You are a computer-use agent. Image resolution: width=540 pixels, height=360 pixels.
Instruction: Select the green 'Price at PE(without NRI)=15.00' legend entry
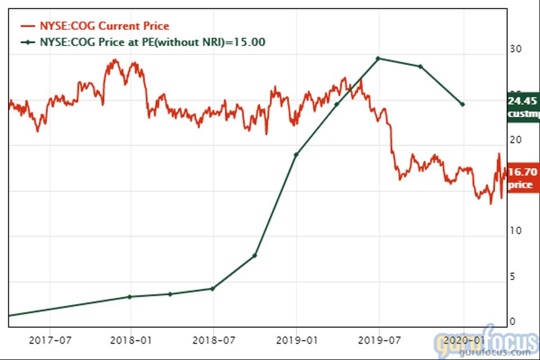click(x=143, y=42)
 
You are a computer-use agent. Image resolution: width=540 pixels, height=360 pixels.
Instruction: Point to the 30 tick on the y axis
click(x=515, y=49)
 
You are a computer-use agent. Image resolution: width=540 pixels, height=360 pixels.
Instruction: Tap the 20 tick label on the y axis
click(x=515, y=140)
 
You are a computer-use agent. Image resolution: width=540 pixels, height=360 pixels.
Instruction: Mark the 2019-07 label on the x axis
click(x=378, y=340)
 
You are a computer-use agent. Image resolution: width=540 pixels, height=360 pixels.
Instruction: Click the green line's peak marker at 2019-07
click(x=378, y=58)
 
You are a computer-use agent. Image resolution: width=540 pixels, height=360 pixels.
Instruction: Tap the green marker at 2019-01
click(x=296, y=154)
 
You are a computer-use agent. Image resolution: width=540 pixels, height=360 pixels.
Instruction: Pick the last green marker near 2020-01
click(x=462, y=105)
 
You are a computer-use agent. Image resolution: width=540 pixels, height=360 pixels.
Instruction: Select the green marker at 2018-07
click(x=213, y=289)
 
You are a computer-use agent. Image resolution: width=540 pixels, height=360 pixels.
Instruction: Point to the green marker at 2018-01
click(x=130, y=296)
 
